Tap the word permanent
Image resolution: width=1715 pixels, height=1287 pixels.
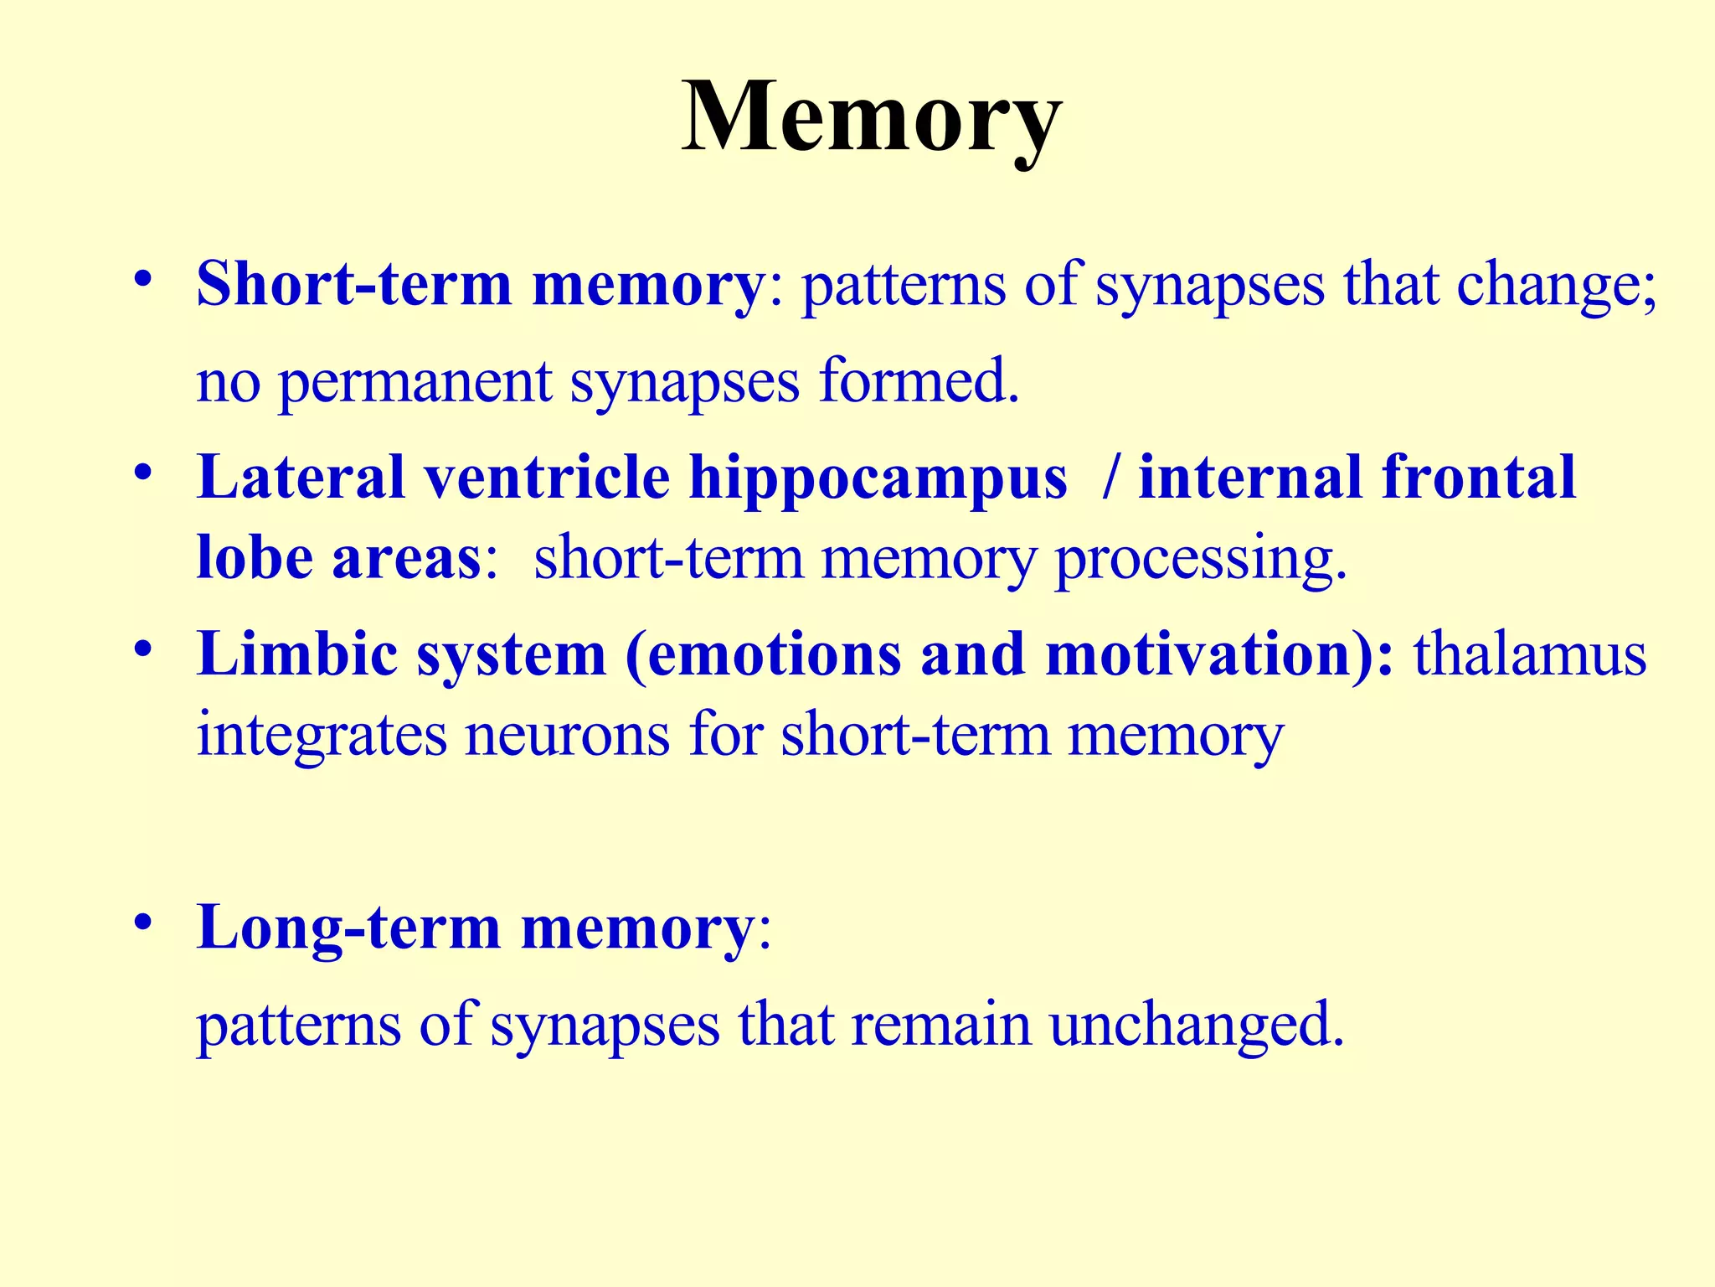click(415, 381)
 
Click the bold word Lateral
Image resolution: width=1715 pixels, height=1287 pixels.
click(300, 478)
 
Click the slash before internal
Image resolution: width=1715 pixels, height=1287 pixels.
click(1111, 478)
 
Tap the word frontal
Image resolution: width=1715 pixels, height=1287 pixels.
click(1478, 478)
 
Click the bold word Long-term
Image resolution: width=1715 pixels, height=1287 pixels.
click(348, 928)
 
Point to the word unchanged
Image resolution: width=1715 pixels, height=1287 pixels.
click(1196, 1026)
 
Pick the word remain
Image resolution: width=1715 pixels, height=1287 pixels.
click(940, 1024)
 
